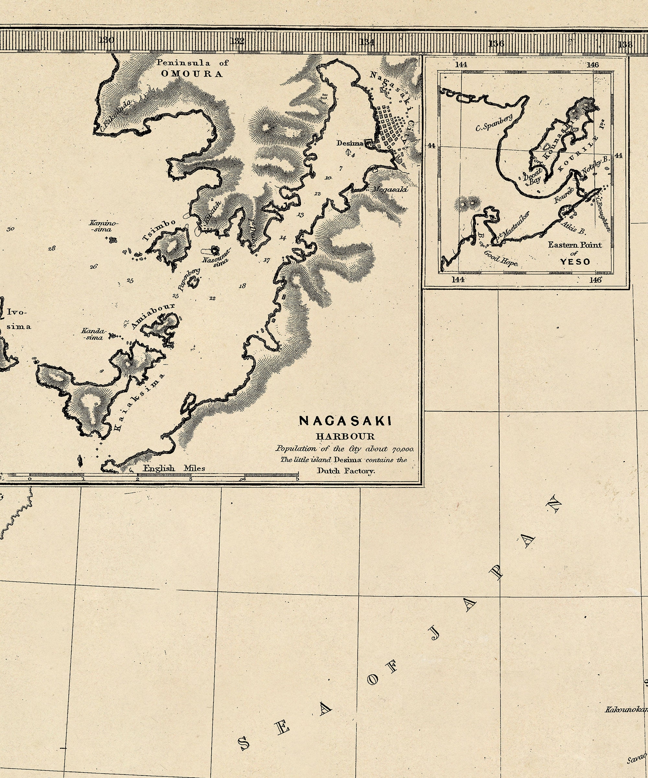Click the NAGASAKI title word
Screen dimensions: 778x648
click(x=345, y=421)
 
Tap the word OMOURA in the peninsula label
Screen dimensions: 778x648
click(x=192, y=74)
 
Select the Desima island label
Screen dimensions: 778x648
click(x=350, y=143)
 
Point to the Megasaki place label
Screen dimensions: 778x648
click(x=389, y=190)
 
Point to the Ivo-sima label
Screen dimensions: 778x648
click(x=18, y=319)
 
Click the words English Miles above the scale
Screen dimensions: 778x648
click(x=174, y=468)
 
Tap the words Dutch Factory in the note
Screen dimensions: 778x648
click(x=346, y=471)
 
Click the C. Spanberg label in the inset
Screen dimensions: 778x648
click(x=494, y=123)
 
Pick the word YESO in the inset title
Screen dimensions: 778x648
click(x=575, y=262)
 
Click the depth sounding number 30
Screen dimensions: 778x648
click(x=10, y=229)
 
